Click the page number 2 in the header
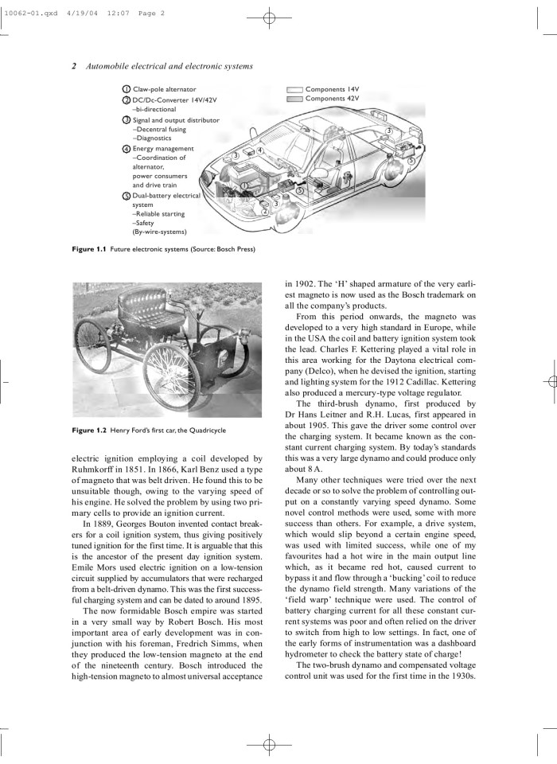click(74, 66)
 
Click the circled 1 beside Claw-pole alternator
click(126, 89)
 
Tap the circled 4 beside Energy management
click(126, 149)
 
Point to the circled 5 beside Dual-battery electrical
click(126, 196)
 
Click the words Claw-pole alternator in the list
click(165, 89)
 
